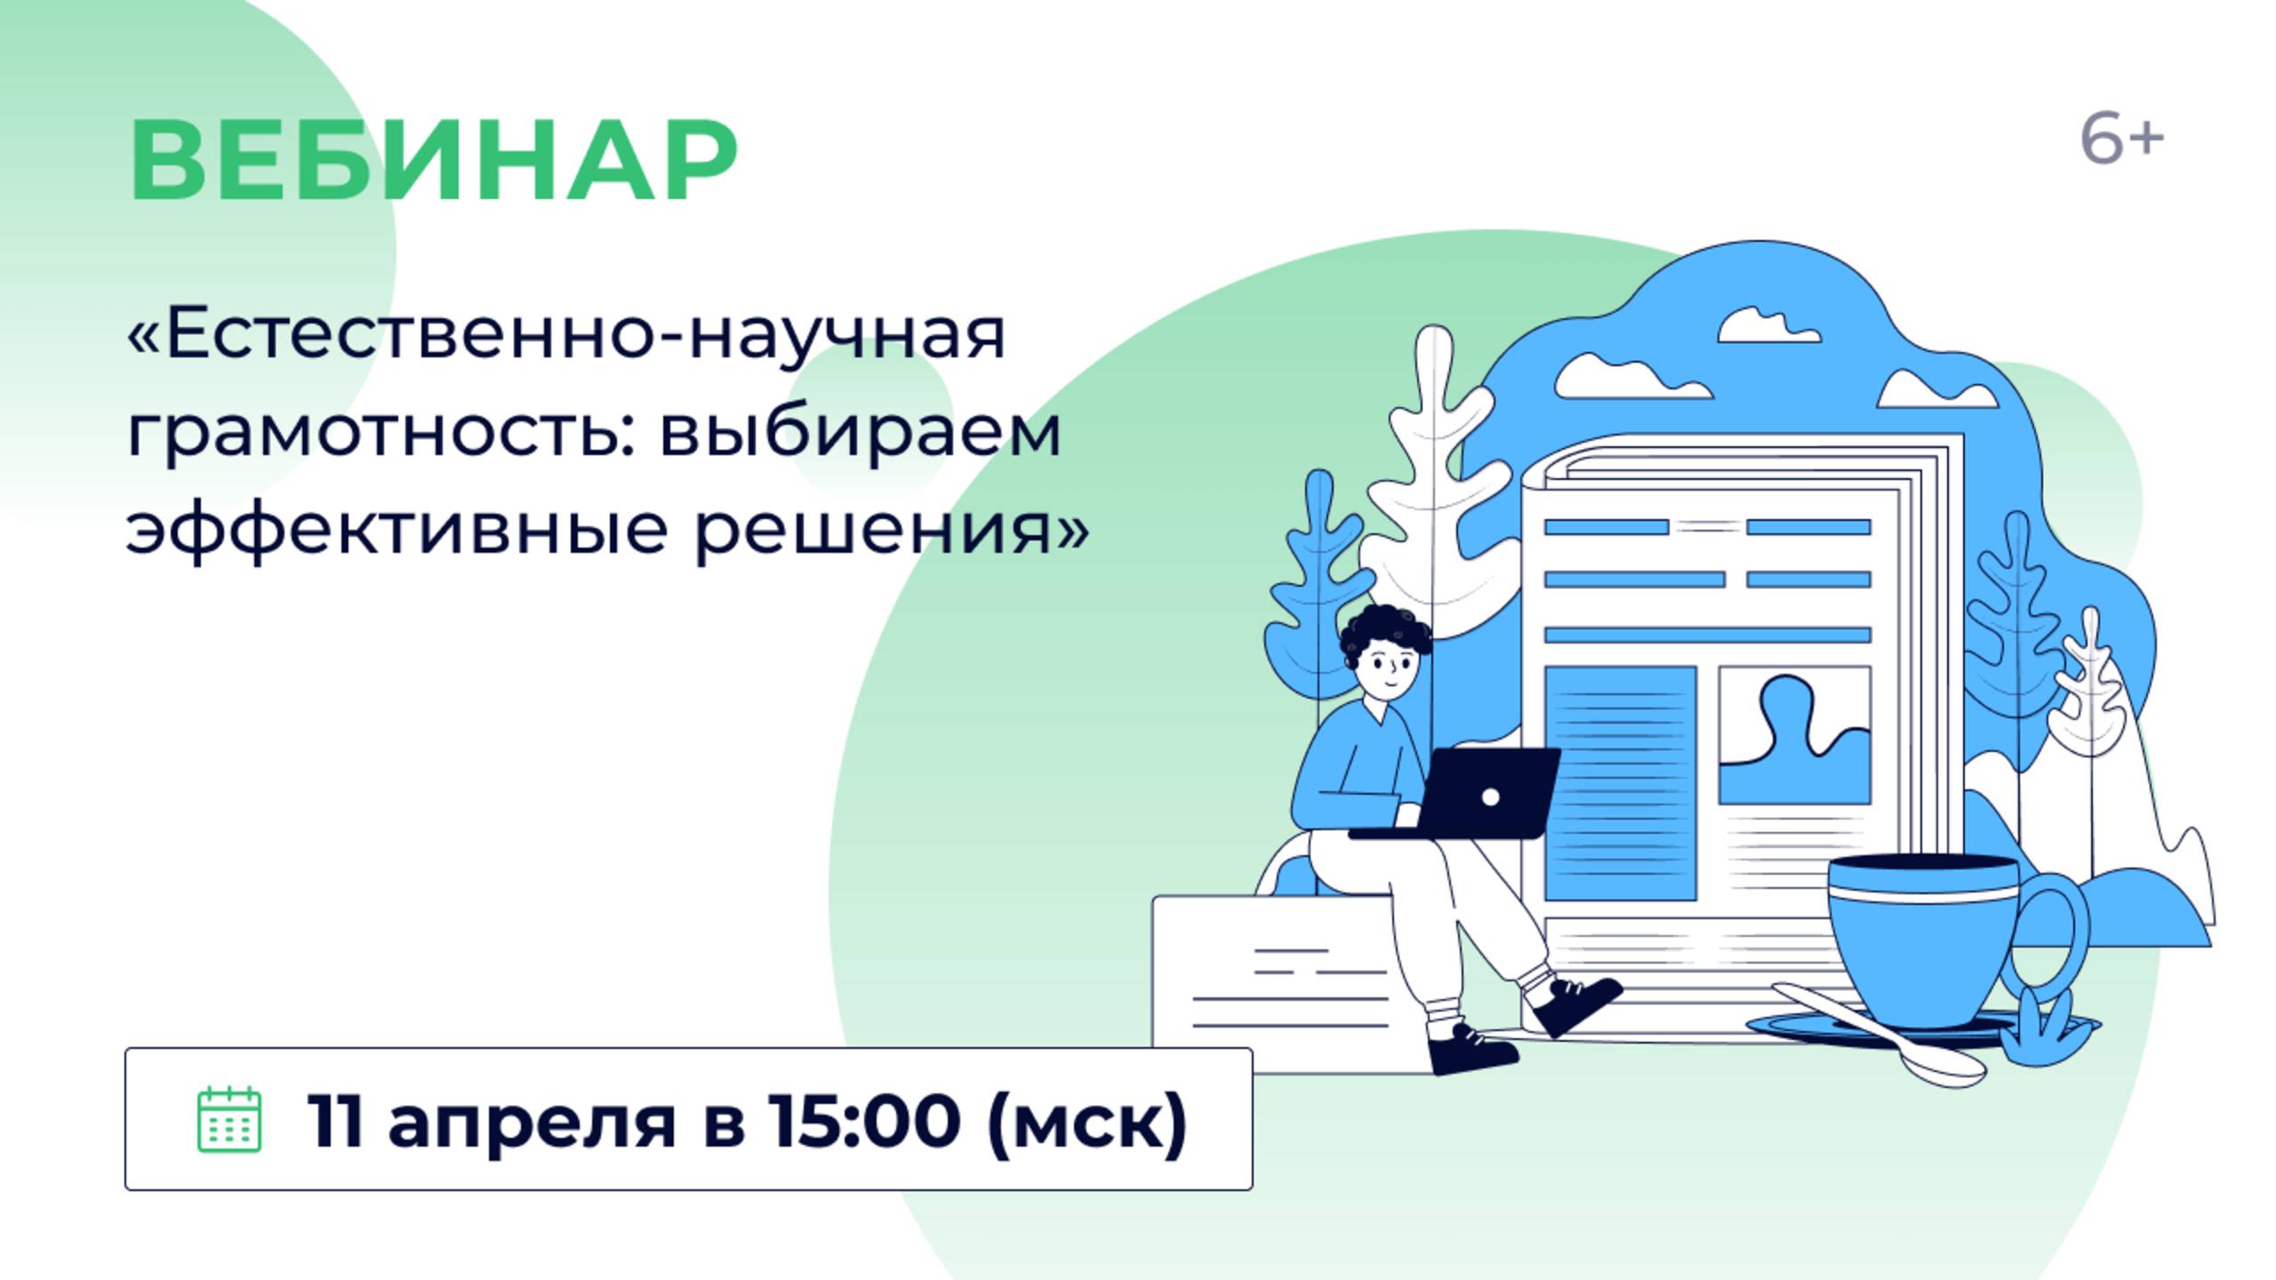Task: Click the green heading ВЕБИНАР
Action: [x=433, y=161]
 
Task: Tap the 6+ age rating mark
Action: [x=2121, y=140]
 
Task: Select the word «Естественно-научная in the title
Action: [x=567, y=336]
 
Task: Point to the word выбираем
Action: [x=860, y=434]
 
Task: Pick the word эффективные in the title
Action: [x=397, y=532]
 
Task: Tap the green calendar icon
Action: [x=228, y=1119]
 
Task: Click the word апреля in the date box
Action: [x=532, y=1122]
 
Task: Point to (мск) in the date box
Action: [x=1086, y=1122]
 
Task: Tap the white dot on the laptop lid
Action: [x=1491, y=797]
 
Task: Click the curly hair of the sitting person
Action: [x=1384, y=627]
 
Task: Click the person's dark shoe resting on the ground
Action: [x=1471, y=1052]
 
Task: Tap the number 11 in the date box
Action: [x=334, y=1120]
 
